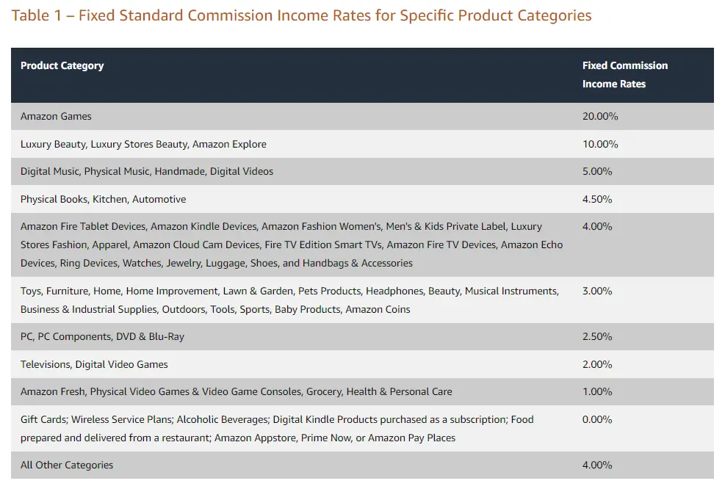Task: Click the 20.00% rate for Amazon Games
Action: (x=600, y=116)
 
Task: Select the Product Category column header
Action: (x=62, y=65)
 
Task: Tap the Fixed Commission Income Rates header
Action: (x=624, y=74)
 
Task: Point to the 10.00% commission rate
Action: (x=600, y=144)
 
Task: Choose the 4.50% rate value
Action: (x=597, y=199)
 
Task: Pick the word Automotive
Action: (x=159, y=199)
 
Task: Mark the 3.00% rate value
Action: (x=597, y=291)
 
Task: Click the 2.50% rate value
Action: (x=597, y=336)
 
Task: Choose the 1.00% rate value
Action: (x=597, y=391)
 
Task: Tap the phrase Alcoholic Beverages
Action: (x=223, y=419)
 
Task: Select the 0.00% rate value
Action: (x=597, y=419)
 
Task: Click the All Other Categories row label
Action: (x=67, y=465)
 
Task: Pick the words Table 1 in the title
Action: (x=35, y=15)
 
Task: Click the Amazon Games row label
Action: (x=56, y=116)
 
